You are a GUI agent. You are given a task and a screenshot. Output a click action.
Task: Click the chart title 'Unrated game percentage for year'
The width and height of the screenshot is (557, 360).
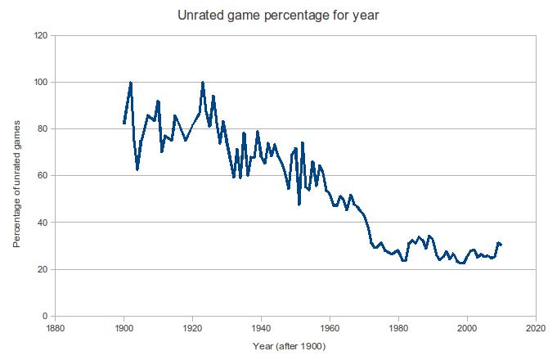278,15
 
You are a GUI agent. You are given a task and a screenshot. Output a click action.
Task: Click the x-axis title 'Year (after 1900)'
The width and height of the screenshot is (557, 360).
291,347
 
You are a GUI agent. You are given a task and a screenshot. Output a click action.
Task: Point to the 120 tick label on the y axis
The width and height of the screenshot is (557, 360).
38,36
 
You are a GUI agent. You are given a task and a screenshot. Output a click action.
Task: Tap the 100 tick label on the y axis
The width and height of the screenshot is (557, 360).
38,83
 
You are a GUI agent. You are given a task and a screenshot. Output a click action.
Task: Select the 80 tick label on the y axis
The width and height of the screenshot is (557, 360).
41,129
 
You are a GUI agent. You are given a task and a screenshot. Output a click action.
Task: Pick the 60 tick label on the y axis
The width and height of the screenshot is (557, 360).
41,176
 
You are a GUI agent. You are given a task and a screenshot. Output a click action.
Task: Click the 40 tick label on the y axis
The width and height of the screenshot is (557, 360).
41,223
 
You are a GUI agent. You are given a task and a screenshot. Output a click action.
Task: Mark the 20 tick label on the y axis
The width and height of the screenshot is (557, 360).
41,269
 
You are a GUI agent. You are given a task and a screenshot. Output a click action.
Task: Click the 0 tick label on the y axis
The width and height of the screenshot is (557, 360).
44,316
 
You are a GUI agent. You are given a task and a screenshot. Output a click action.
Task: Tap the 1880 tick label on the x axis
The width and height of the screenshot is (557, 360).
55,329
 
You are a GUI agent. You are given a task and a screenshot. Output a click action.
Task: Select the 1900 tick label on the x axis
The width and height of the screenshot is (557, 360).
124,329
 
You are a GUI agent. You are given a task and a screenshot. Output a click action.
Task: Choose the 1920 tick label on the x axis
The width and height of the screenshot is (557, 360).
192,329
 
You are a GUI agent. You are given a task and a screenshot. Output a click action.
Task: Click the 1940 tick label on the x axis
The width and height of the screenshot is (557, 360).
261,329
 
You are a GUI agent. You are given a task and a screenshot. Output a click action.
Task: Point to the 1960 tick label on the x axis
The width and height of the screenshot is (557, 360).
330,329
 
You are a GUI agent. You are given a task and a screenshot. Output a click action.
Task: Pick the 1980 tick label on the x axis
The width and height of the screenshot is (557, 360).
398,329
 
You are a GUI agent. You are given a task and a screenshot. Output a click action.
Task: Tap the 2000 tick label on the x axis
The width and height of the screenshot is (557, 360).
467,329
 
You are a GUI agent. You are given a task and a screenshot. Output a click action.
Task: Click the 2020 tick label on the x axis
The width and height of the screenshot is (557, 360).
536,329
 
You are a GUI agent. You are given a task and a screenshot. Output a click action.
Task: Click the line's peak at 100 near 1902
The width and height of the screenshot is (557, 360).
131,83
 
